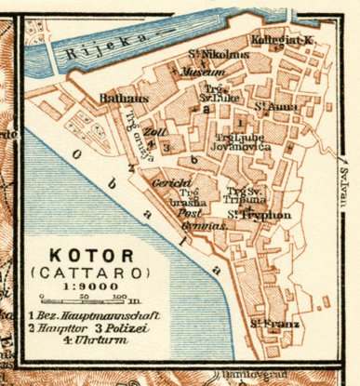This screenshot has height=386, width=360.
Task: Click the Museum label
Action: point(204,73)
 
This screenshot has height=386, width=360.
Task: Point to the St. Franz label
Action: point(267,325)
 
